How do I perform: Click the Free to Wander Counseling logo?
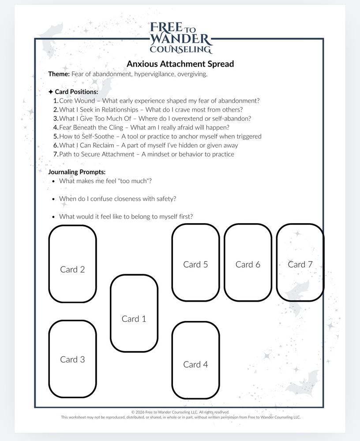click(181, 37)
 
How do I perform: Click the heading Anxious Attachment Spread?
click(180, 64)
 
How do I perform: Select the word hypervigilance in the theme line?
click(154, 74)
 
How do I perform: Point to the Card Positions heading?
click(76, 92)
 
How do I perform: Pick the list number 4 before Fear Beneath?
click(56, 127)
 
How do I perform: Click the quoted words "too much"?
click(136, 181)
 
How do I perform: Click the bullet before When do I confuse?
click(53, 199)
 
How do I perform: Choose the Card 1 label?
click(134, 319)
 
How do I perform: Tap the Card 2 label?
click(72, 269)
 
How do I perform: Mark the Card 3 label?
click(72, 359)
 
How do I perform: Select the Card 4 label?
click(195, 364)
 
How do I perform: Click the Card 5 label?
click(195, 264)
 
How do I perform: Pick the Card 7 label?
click(300, 264)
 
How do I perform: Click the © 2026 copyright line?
click(180, 412)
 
